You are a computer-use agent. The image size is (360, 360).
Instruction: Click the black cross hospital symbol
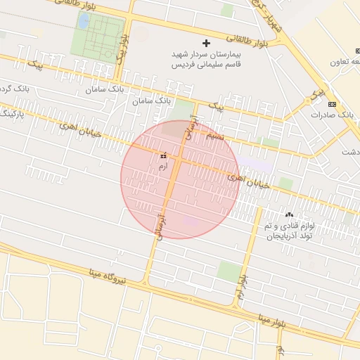click(206, 44)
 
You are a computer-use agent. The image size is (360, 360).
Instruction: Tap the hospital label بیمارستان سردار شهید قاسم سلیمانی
click(205, 58)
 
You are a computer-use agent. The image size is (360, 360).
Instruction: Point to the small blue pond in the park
click(84, 22)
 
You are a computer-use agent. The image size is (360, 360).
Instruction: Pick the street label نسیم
click(217, 136)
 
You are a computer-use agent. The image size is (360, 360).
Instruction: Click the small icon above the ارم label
click(163, 155)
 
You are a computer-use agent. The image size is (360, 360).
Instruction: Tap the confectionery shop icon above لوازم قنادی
click(288, 214)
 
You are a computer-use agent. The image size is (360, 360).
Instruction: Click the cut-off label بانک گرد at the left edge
click(7, 89)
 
